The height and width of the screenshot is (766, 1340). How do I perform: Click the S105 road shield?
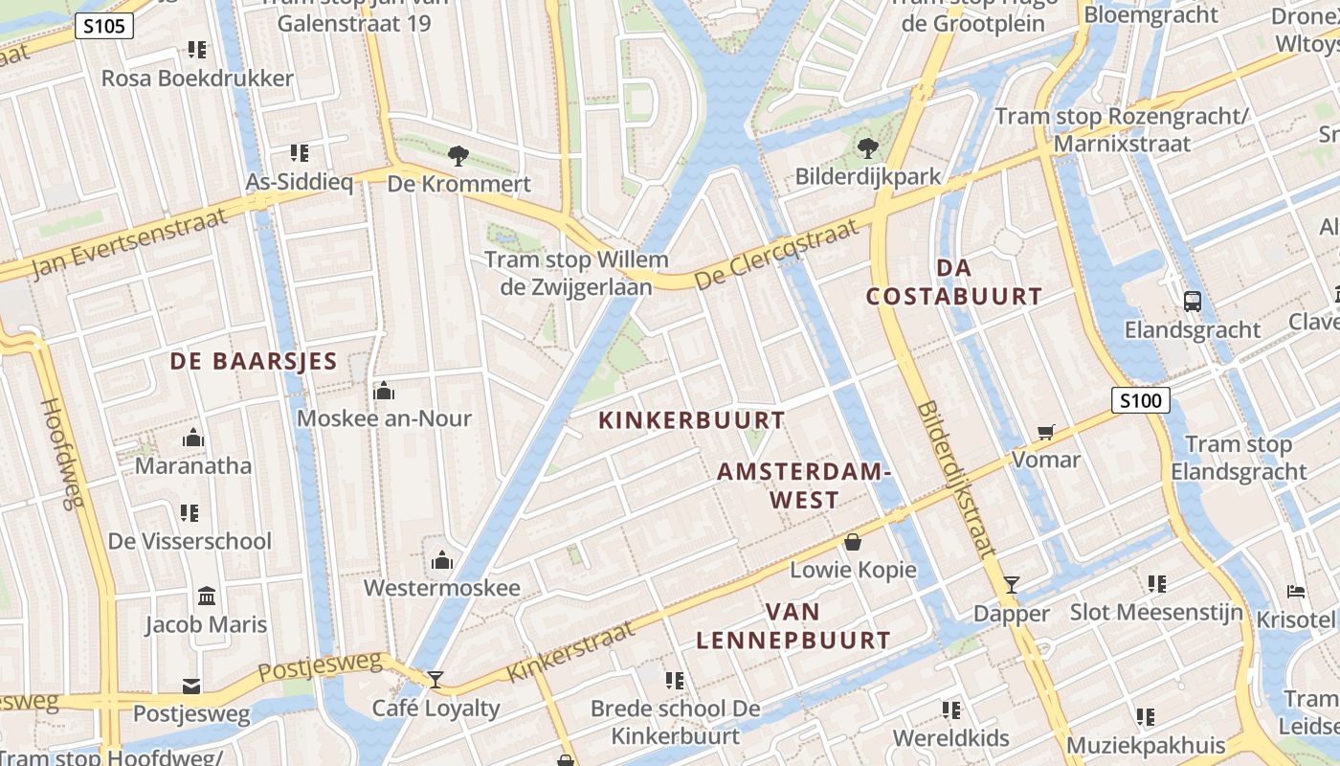(103, 26)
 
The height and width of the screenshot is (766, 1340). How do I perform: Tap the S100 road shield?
(1140, 400)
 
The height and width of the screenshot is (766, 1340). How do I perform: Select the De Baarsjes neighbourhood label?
(254, 361)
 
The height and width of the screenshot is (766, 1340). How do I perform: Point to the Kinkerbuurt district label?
(691, 420)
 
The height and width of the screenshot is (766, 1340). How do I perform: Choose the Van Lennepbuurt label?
(793, 626)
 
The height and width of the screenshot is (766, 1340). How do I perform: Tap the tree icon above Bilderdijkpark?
(868, 147)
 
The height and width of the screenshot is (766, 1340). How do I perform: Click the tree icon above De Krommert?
(458, 154)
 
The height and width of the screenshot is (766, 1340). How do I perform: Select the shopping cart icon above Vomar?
(1045, 433)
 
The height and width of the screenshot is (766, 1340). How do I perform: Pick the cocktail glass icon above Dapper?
(1012, 585)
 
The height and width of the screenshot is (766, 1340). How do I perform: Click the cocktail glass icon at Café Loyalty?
(435, 680)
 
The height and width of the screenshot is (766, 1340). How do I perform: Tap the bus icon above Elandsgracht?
(1192, 302)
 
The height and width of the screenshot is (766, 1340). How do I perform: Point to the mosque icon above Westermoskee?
(442, 560)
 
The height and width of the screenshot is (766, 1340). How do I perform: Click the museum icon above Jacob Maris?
(206, 597)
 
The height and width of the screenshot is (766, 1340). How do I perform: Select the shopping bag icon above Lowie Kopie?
(852, 543)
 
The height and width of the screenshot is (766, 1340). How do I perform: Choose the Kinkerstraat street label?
(570, 650)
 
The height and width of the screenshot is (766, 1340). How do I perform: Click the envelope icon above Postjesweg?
(191, 686)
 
